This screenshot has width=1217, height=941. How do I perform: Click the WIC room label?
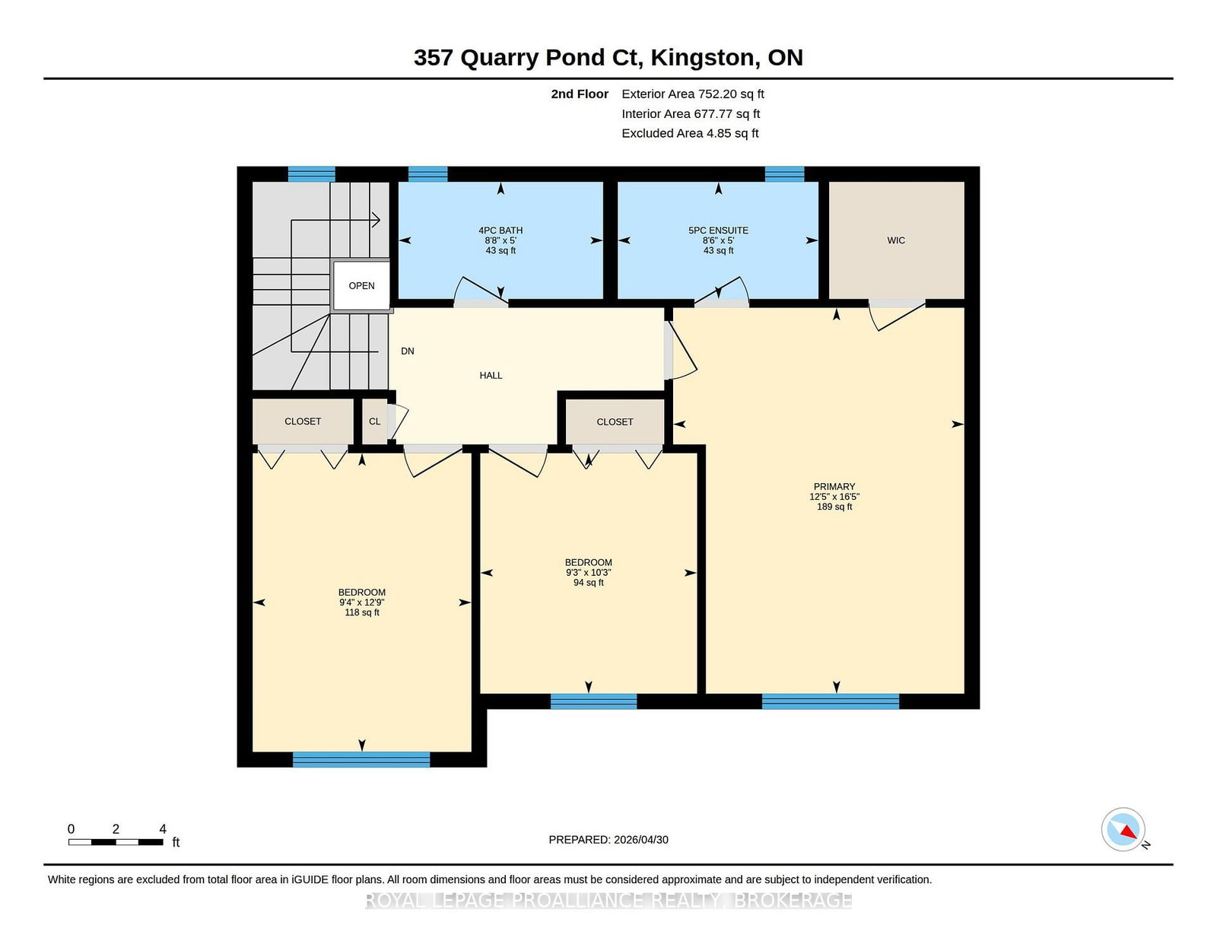pos(895,240)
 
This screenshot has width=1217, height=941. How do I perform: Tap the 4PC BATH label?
pos(500,230)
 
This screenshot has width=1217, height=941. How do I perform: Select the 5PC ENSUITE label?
pos(718,230)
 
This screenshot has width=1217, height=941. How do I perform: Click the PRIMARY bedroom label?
pos(834,486)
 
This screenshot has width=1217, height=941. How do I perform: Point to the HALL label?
pos(491,375)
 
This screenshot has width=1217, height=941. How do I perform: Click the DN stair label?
pos(407,351)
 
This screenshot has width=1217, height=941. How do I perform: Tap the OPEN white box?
pos(361,286)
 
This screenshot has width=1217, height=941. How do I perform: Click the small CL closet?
pos(374,421)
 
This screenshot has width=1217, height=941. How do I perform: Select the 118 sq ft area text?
pos(362,612)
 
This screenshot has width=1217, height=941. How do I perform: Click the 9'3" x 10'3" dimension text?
pos(588,573)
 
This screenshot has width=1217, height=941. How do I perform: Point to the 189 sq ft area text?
pos(834,507)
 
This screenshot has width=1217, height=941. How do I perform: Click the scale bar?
pos(116,842)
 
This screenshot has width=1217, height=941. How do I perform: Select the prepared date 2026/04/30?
pos(640,840)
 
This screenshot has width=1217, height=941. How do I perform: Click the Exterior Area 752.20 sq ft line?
pos(693,94)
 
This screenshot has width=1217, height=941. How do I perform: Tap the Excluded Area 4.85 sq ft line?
pos(690,133)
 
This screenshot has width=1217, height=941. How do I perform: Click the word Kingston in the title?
pos(702,59)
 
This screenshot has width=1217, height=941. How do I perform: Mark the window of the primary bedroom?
pos(831,701)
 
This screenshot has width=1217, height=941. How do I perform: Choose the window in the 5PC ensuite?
pos(784,174)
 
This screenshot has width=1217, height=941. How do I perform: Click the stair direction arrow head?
pos(377,220)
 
